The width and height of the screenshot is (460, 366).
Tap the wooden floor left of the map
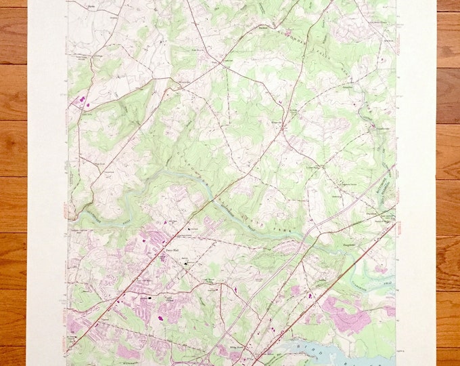[x=14, y=183]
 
